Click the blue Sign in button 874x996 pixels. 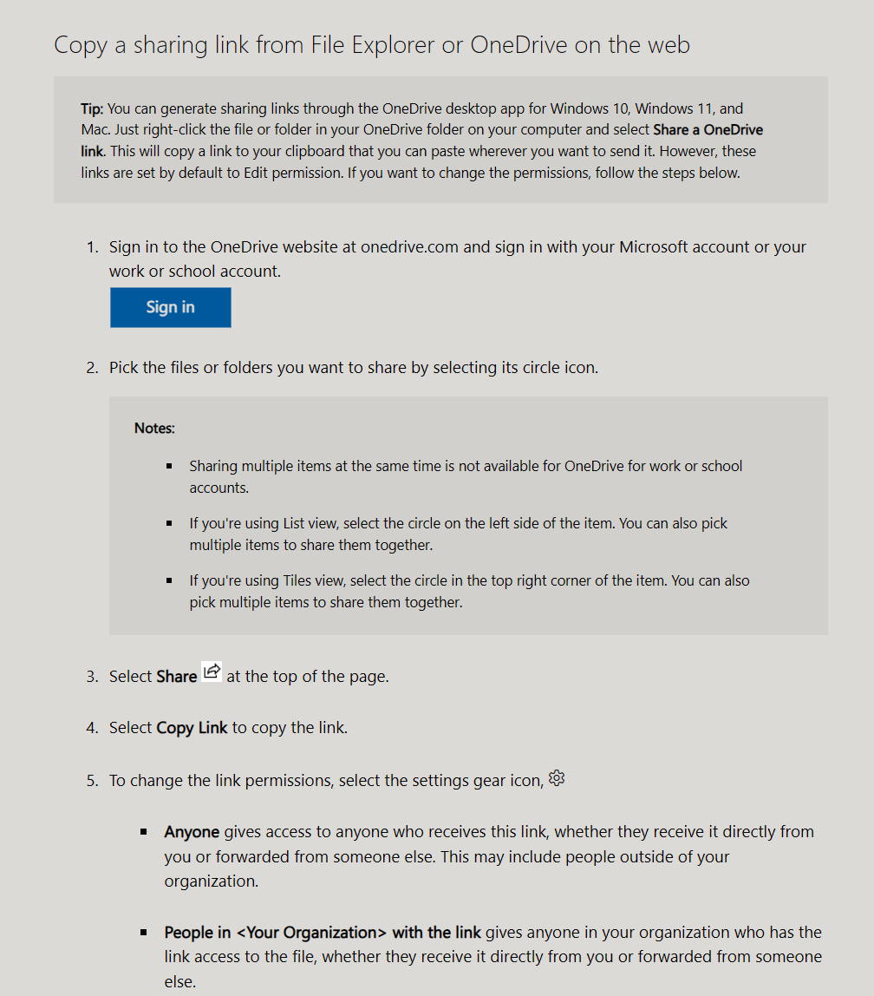170,307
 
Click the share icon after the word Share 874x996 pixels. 212,672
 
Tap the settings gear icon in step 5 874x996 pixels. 557,778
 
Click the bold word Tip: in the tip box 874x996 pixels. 93,109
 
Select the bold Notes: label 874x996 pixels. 154,428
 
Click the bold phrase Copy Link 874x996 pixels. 192,728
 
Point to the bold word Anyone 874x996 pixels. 192,832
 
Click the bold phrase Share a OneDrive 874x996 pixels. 708,130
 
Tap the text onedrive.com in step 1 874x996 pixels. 409,247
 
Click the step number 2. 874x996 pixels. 92,368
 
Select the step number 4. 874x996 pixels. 92,728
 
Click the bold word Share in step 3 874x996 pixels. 177,677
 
